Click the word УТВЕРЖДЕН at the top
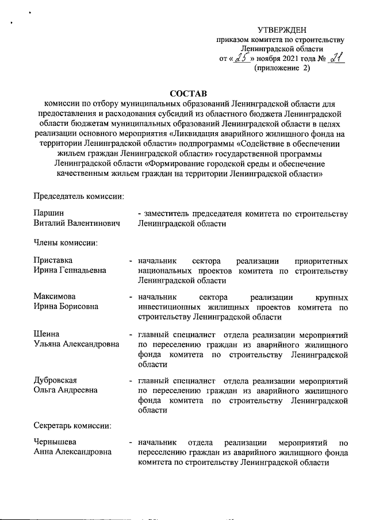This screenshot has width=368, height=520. [x=282, y=29]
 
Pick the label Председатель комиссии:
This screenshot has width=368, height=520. [x=79, y=197]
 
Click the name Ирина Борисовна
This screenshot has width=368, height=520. [x=66, y=307]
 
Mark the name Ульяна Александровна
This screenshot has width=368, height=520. [x=76, y=344]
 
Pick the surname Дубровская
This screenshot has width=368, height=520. [x=56, y=380]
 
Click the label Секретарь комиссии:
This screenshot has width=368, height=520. [x=72, y=426]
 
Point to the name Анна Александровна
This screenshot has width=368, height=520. [x=71, y=453]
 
